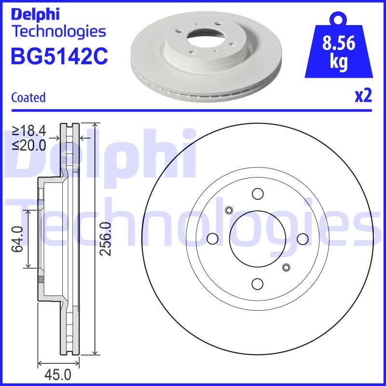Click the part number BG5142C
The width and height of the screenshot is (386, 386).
tap(59, 57)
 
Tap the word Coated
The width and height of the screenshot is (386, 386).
tap(28, 97)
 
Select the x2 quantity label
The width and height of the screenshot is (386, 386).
tap(363, 96)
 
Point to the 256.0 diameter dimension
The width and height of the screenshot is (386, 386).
tap(106, 239)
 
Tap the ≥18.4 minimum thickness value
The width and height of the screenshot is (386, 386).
tap(29, 130)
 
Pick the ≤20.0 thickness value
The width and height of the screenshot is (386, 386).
tap(29, 144)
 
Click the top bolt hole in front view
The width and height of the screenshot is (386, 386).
tap(258, 194)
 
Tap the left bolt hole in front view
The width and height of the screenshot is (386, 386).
tap(212, 239)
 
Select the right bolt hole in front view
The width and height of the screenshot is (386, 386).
tap(302, 239)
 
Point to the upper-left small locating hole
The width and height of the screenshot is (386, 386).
tap(229, 210)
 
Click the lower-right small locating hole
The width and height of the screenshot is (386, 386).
tap(286, 267)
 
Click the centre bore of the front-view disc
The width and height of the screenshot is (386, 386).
tap(258, 239)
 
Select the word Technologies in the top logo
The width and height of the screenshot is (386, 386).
tap(58, 31)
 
